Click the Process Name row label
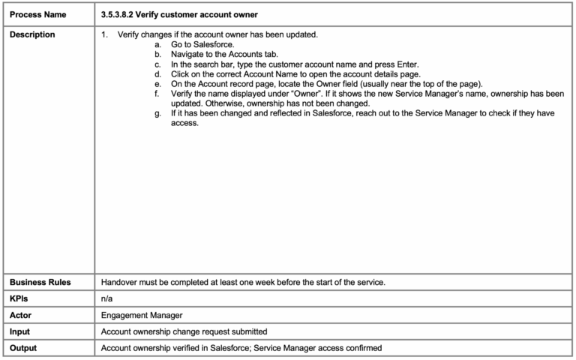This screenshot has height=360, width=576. tap(37, 14)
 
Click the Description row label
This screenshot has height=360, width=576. tap(32, 34)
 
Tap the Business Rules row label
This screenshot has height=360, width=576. tap(40, 282)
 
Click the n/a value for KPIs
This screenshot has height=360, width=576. tap(107, 298)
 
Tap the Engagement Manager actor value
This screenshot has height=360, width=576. tap(141, 315)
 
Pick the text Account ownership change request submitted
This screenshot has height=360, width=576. tap(184, 331)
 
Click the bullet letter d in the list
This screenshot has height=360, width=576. tap(157, 74)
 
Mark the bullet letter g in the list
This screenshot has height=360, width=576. tap(157, 113)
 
